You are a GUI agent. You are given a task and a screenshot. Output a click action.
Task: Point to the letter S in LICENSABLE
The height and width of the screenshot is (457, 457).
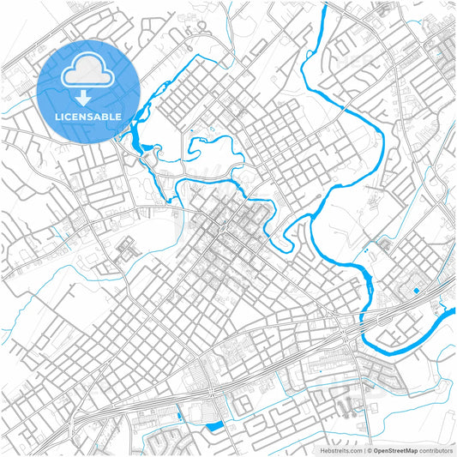coord(94,116)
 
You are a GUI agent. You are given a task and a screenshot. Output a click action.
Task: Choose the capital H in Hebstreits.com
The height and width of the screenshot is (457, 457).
coord(323,449)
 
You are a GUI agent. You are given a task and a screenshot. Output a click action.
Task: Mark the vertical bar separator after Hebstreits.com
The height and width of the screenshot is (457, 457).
coord(364,449)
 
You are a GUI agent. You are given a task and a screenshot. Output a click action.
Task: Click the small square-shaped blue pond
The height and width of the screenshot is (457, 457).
coord(416,291)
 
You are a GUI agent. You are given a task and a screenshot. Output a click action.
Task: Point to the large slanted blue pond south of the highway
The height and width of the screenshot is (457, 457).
coord(214,426)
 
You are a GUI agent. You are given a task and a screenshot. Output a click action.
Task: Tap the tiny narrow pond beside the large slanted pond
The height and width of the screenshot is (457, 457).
coord(179,415)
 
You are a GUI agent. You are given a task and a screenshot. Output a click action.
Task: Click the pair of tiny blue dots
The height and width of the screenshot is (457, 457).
coord(367,250)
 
